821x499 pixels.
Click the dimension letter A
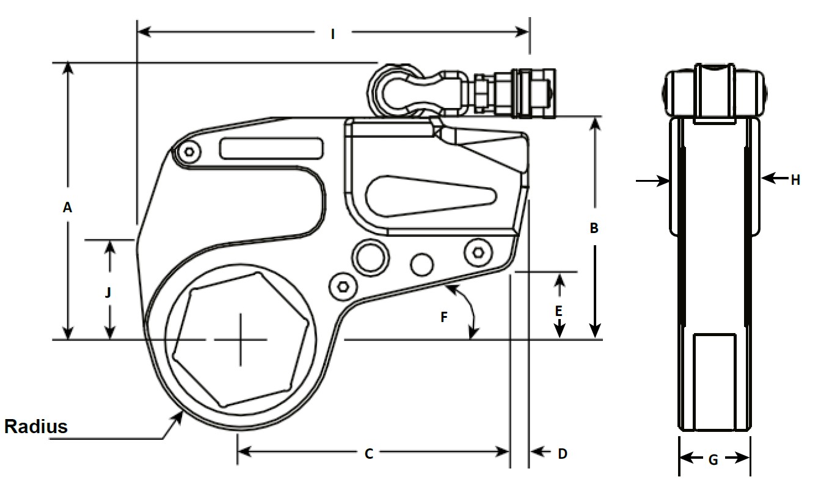(x=68, y=208)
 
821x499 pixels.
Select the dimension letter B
(x=594, y=229)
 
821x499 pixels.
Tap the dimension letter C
(x=369, y=453)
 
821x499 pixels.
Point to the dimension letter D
(x=563, y=453)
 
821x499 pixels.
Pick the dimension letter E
(x=558, y=311)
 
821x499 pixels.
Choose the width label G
(x=713, y=461)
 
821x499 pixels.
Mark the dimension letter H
(x=795, y=180)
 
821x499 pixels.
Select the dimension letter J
(x=108, y=293)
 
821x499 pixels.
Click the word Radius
(x=36, y=426)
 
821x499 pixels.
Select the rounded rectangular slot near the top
(x=272, y=148)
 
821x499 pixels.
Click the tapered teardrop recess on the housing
(x=428, y=195)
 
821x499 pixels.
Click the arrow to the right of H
(x=773, y=178)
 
